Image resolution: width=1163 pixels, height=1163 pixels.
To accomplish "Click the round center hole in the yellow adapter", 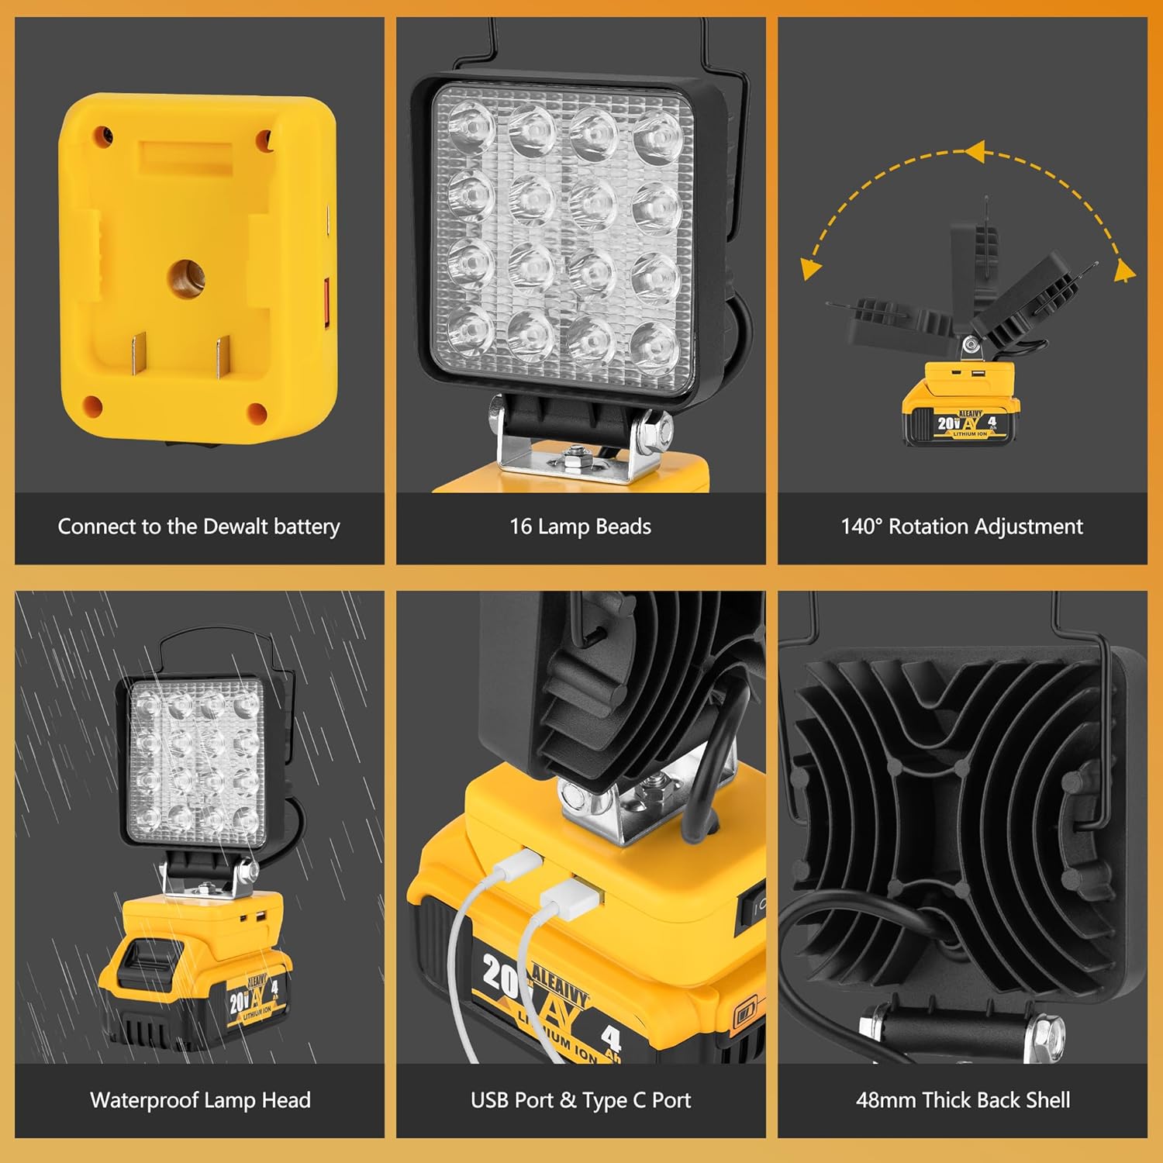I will [185, 275].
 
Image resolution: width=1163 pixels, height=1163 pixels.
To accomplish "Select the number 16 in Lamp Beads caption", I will [520, 526].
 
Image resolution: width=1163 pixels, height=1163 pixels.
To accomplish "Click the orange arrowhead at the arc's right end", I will [1125, 271].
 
